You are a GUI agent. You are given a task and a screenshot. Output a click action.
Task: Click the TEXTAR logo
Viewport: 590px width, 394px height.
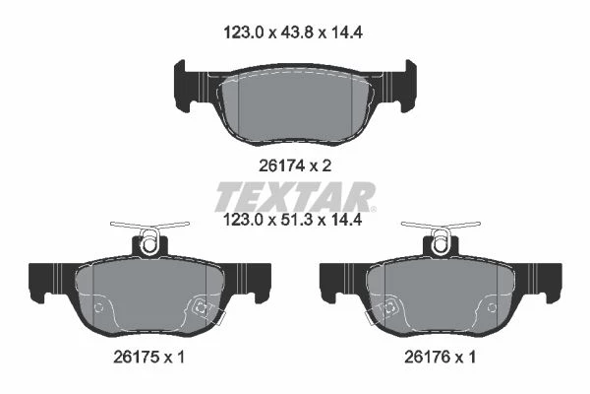[296, 196]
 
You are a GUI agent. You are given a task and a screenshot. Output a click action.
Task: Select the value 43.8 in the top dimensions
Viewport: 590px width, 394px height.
[293, 33]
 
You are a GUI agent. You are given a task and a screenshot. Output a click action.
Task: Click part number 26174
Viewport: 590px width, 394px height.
[281, 165]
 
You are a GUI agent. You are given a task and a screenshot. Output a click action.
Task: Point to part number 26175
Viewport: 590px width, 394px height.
[136, 357]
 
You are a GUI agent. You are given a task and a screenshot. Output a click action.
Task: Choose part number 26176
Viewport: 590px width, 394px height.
[427, 357]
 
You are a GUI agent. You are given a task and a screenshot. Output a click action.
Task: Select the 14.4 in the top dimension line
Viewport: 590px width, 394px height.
[346, 33]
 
